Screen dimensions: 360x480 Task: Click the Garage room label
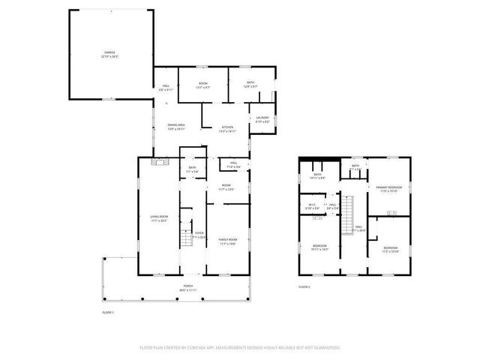[x=111, y=54]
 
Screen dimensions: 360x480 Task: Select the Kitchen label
[x=226, y=127]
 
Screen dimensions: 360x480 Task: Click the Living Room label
[x=158, y=217]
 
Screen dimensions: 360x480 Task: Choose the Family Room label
[x=227, y=241]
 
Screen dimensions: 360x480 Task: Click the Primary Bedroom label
[x=388, y=187]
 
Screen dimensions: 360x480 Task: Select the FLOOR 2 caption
[x=304, y=286]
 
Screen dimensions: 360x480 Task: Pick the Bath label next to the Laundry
[x=250, y=85]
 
